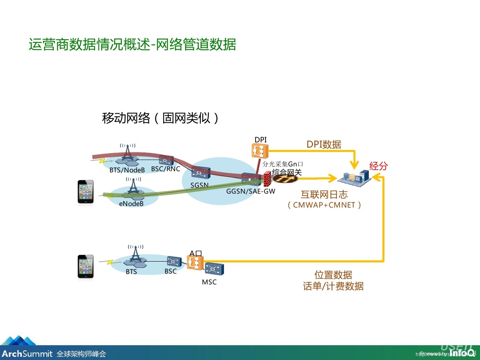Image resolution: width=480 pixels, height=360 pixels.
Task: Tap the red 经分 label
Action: pos(378,166)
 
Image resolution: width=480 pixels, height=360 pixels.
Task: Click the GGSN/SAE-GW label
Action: pos(250,191)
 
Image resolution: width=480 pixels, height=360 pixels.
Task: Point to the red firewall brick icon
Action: pos(267,179)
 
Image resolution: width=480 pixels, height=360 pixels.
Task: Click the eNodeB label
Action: pos(131,203)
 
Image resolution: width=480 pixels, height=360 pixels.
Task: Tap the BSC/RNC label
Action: pos(166,169)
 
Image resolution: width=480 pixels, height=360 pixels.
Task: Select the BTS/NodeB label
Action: pos(127,170)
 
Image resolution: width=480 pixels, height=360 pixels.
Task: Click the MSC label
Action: pos(209,282)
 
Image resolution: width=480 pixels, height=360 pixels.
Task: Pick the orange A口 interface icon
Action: pos(195,262)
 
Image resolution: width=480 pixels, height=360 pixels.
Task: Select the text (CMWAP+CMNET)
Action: pos(324,205)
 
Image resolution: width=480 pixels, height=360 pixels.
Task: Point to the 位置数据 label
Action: pos(333,275)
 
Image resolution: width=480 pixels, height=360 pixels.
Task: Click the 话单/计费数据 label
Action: pos(333,286)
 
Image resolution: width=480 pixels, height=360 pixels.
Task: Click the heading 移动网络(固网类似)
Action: pos(161,118)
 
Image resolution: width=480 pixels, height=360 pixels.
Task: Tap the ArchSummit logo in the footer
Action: pos(27,354)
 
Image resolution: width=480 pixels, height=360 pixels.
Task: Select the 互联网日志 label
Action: pos(324,195)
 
